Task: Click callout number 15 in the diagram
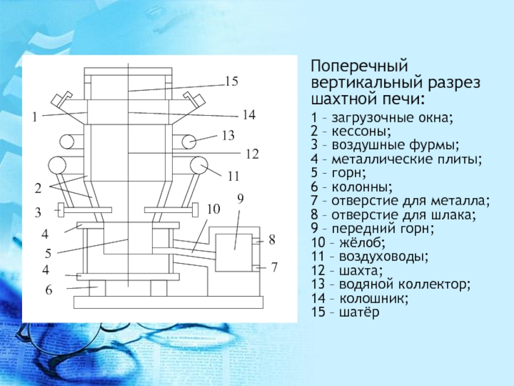pos(231,82)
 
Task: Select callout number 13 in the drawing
pos(228,136)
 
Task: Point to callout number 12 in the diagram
pos(251,154)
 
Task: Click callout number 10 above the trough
pos(213,210)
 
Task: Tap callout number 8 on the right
pos(272,240)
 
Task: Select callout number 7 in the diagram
pos(274,266)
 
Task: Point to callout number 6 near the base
pos(48,291)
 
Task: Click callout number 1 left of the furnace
pos(36,118)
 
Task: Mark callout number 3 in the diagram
pos(38,212)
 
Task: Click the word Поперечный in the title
pos(360,66)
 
